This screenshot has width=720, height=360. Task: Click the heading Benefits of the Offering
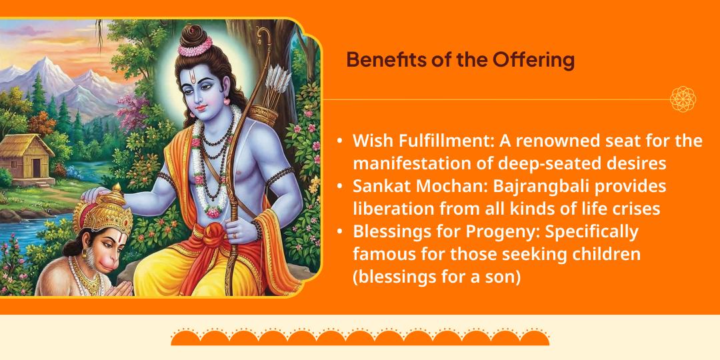460,60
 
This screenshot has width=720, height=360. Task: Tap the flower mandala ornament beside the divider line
683,99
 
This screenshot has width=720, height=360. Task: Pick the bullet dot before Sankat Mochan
340,187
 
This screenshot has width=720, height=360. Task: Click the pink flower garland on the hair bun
195,47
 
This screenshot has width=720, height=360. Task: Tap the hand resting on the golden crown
98,194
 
